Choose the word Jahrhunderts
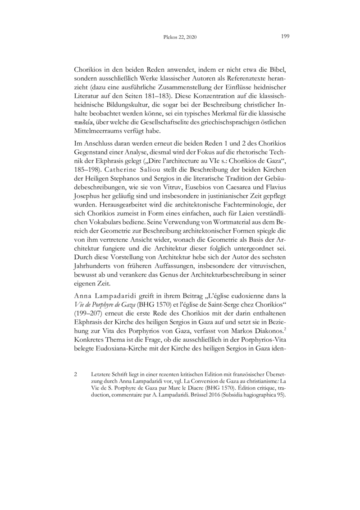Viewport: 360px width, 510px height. [x=95, y=264]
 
